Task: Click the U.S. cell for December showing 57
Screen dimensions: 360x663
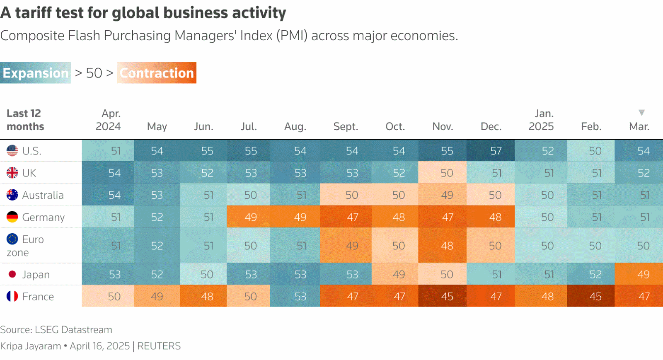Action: (496, 151)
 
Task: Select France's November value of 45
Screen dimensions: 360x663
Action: (447, 297)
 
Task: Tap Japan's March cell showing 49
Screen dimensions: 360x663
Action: (643, 274)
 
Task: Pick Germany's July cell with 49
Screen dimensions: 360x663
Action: (250, 217)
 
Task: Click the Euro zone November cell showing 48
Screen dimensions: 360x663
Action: (447, 246)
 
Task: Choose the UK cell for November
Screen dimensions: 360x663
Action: (447, 173)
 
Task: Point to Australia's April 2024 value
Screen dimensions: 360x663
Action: (114, 195)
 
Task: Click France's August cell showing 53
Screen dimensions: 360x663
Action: (300, 297)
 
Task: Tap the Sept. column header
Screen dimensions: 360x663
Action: (346, 126)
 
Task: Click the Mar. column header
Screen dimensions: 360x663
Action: (639, 126)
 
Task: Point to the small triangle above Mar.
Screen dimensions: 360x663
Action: (641, 113)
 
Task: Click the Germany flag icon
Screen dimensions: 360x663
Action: (12, 217)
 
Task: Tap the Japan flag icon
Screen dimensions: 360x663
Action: (12, 274)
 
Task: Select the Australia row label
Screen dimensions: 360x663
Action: (43, 195)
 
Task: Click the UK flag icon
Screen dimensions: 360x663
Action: (12, 173)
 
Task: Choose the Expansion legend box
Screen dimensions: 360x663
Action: (36, 73)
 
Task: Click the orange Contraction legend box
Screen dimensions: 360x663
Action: (157, 73)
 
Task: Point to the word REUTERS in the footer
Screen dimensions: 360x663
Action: (159, 346)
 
